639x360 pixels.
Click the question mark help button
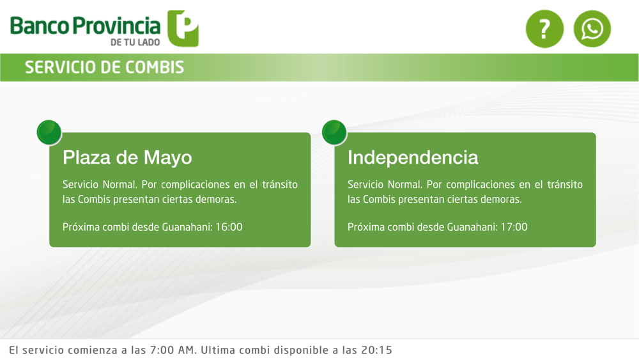click(x=544, y=29)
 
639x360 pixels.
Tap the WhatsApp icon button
click(x=592, y=29)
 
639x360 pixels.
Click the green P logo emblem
click(x=183, y=29)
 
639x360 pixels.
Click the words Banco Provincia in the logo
click(x=85, y=26)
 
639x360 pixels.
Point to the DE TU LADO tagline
click(x=135, y=42)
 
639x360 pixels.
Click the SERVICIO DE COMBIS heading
click(x=104, y=67)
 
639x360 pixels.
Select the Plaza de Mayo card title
click(x=127, y=158)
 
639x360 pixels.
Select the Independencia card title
click(x=413, y=157)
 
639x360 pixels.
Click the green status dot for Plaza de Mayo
click(x=49, y=132)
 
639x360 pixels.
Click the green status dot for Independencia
click(x=334, y=132)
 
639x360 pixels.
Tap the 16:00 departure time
click(x=229, y=227)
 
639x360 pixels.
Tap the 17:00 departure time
click(x=514, y=227)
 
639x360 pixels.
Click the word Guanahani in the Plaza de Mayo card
click(x=187, y=227)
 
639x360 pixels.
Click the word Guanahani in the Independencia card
click(x=472, y=227)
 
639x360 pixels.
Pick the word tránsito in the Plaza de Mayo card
click(x=280, y=185)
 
